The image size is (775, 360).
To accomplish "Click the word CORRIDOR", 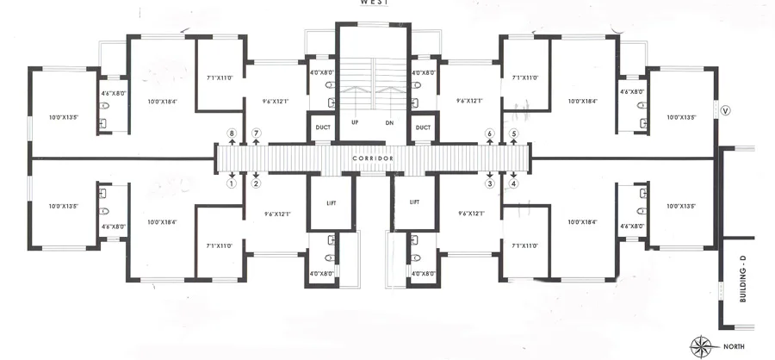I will tap(373, 159).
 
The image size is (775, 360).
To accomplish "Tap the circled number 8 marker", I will tap(231, 133).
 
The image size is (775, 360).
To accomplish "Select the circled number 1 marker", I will tap(231, 183).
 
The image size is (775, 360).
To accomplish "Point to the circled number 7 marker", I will tap(256, 133).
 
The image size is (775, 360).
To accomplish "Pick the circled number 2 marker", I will tap(256, 183).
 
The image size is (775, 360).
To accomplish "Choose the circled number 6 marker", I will tap(489, 133).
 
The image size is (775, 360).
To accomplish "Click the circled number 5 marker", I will tap(514, 133).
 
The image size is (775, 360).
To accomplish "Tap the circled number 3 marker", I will tap(489, 183).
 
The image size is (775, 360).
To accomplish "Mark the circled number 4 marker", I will tap(514, 183).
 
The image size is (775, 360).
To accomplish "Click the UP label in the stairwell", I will tap(354, 122).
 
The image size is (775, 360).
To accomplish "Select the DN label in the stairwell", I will tap(389, 122).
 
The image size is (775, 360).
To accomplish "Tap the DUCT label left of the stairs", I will tap(323, 127).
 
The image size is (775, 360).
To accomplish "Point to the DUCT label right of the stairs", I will tap(423, 127).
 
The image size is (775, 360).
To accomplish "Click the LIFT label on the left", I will tap(332, 203).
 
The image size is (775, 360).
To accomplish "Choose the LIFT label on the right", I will tap(414, 203).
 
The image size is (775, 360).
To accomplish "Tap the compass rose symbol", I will tap(704, 346).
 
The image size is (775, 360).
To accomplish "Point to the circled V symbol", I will tap(725, 110).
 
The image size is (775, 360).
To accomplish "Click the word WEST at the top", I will tap(373, 3).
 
